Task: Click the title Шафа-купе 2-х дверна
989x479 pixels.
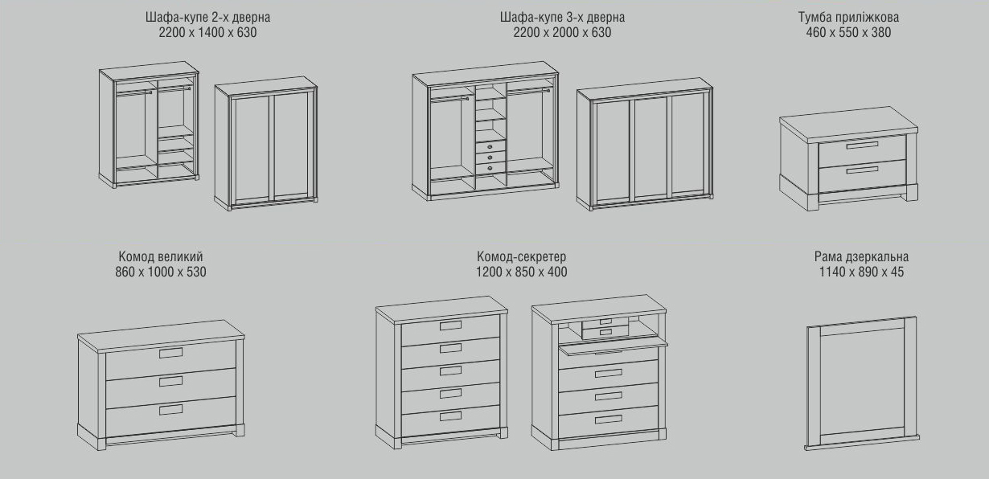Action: pos(207,18)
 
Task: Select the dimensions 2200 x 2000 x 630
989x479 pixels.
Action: pos(562,33)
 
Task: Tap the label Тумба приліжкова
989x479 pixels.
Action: pos(848,18)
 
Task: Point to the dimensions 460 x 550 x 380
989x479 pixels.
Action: pos(848,33)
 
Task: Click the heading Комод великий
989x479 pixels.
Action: pos(161,256)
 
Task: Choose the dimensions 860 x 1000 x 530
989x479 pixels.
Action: pos(161,272)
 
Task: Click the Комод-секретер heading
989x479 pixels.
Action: pos(521,256)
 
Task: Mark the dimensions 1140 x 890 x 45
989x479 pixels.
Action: pos(861,272)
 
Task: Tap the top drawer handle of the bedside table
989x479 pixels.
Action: pos(862,145)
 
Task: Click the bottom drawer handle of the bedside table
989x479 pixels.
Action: pos(862,170)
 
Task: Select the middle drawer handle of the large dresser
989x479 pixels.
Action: pos(171,382)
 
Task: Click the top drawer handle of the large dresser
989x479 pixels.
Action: pos(171,353)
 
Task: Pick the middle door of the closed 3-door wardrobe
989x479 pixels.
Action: pos(650,147)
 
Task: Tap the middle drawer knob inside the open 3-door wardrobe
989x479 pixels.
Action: pos(490,158)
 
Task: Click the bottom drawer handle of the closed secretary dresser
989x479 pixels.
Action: pos(451,416)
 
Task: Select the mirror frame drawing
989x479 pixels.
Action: pos(862,384)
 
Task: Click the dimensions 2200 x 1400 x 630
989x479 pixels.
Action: pos(207,33)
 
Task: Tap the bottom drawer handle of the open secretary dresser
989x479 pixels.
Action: pos(609,420)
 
